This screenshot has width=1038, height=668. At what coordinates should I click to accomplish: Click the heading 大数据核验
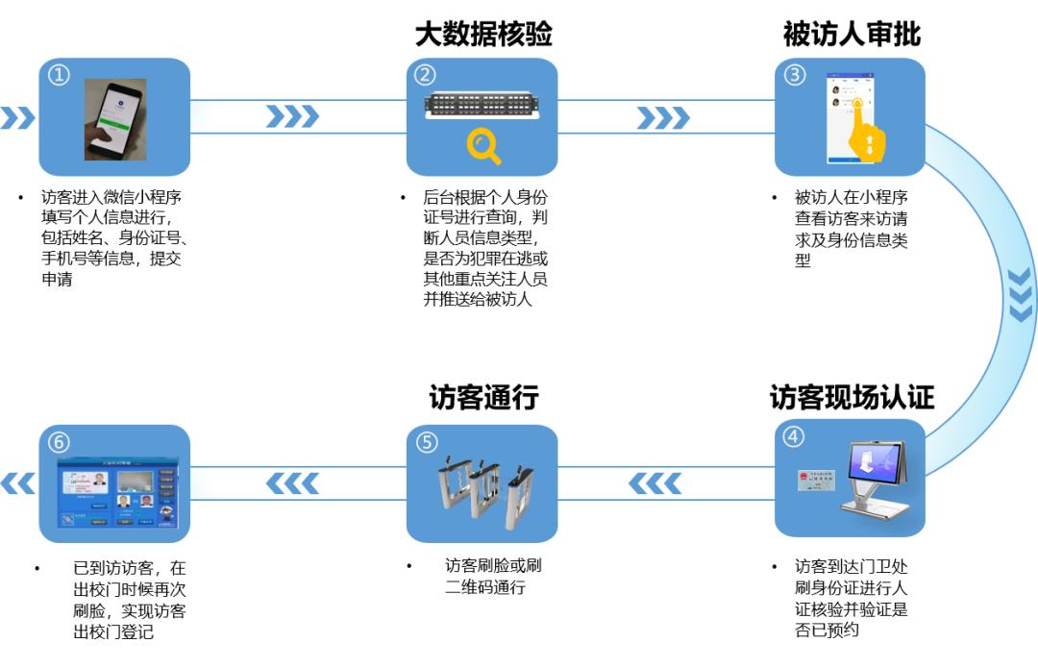coord(482,34)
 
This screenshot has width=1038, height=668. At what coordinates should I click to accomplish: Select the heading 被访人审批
coord(852,34)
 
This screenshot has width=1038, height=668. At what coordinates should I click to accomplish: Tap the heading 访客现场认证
coord(852,397)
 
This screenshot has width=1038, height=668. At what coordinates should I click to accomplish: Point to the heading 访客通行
coord(482,397)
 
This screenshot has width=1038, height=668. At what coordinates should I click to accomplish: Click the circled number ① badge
coord(60,75)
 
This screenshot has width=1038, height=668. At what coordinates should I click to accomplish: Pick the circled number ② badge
coord(425,75)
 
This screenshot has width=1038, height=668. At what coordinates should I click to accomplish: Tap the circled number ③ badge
coord(795,75)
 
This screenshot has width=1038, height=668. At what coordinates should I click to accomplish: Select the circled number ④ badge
coord(793,437)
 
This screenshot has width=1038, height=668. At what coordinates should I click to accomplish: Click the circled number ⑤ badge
coord(427,442)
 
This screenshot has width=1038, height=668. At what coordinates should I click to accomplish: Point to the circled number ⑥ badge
coord(60,442)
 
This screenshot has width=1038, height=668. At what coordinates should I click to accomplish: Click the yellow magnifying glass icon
coord(482,146)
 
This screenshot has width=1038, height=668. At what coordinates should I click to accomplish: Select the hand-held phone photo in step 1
coord(114,118)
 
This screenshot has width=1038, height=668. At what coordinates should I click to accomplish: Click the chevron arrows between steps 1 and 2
coord(291,117)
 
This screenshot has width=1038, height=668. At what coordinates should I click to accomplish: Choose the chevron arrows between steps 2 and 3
coord(662,117)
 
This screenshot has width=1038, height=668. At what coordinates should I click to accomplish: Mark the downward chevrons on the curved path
coord(1021,293)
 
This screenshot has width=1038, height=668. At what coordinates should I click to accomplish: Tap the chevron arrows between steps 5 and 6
coord(291,482)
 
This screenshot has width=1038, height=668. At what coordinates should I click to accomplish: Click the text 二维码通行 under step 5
coord(485,587)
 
